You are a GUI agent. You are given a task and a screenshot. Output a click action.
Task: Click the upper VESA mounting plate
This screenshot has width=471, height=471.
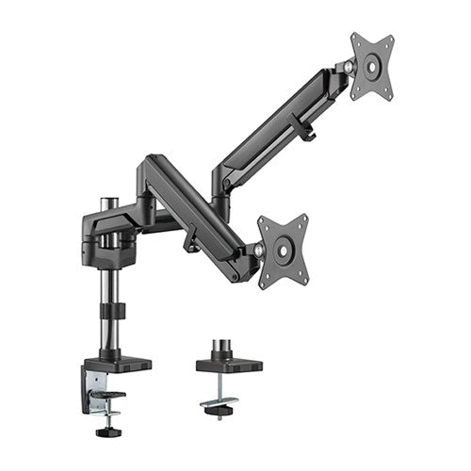[x=372, y=66]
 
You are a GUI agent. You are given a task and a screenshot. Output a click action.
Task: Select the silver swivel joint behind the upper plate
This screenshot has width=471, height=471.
[x=350, y=67]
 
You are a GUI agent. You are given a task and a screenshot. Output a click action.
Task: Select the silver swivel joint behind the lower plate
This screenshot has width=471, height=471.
[x=258, y=250]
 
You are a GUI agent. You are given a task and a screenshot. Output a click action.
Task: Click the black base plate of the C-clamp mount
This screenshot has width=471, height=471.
[x=118, y=362]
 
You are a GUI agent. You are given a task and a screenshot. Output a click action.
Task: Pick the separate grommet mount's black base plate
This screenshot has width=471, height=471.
[x=228, y=364]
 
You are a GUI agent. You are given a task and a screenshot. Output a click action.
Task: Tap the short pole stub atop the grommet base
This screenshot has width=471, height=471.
[x=227, y=347]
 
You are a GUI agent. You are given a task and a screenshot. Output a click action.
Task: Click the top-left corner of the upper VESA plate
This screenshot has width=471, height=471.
[x=355, y=38]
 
